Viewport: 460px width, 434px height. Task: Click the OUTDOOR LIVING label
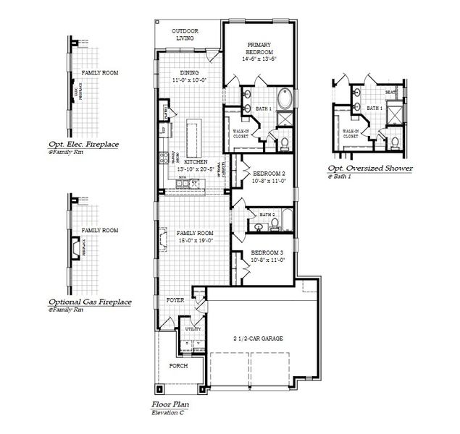(185, 34)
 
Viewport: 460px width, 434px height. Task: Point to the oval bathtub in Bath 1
(283, 98)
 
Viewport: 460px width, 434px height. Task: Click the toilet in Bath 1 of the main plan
(284, 142)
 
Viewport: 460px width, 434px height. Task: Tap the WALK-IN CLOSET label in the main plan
(241, 134)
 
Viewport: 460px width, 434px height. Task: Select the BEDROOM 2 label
(268, 174)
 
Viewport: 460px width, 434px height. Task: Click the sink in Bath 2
(259, 227)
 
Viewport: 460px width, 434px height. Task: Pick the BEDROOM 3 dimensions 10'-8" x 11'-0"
(268, 260)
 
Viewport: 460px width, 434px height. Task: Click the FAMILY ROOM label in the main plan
(193, 232)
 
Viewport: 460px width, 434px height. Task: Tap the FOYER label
(175, 299)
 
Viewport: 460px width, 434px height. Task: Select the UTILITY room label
(193, 329)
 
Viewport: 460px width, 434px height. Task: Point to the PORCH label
(178, 365)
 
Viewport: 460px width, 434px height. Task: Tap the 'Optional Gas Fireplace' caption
(89, 301)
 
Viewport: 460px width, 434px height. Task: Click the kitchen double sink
(189, 184)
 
